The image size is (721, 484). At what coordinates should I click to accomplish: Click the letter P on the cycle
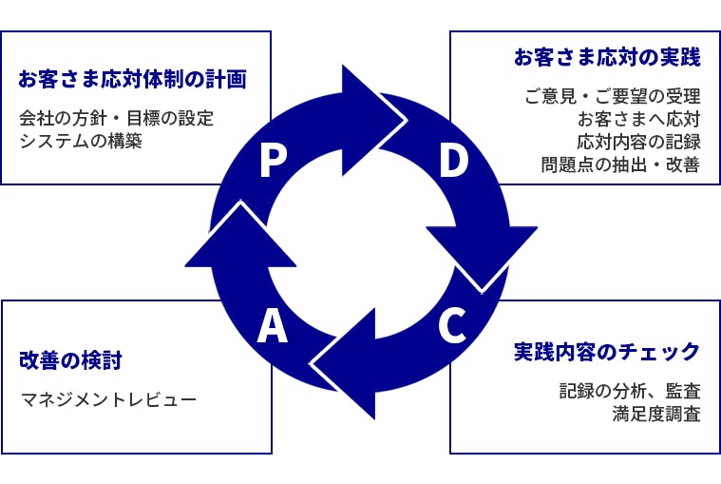(x=274, y=161)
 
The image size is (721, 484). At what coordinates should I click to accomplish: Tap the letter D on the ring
(x=454, y=161)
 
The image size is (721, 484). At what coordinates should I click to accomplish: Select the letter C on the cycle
(x=452, y=326)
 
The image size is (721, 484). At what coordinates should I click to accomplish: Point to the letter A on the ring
(x=273, y=326)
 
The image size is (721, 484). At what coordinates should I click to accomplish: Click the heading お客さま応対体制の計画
(x=132, y=79)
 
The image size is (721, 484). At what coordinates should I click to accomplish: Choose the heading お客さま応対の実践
(x=607, y=57)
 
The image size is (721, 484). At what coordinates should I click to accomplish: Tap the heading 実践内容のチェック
(x=607, y=352)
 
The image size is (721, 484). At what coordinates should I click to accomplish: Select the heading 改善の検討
(x=70, y=360)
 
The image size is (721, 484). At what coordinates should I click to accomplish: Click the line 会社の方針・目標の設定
(x=116, y=118)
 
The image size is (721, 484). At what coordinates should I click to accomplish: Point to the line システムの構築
(x=81, y=141)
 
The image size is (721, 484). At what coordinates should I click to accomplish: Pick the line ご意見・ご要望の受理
(x=613, y=96)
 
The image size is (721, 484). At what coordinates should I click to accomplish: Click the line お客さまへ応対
(x=639, y=119)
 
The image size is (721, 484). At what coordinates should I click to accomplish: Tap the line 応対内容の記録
(x=639, y=142)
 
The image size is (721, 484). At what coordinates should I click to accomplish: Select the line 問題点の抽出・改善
(x=620, y=165)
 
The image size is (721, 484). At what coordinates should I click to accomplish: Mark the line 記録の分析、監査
(x=630, y=391)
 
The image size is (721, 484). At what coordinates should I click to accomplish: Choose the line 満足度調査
(x=656, y=414)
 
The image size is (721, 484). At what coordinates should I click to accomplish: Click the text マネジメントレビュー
(x=108, y=398)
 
